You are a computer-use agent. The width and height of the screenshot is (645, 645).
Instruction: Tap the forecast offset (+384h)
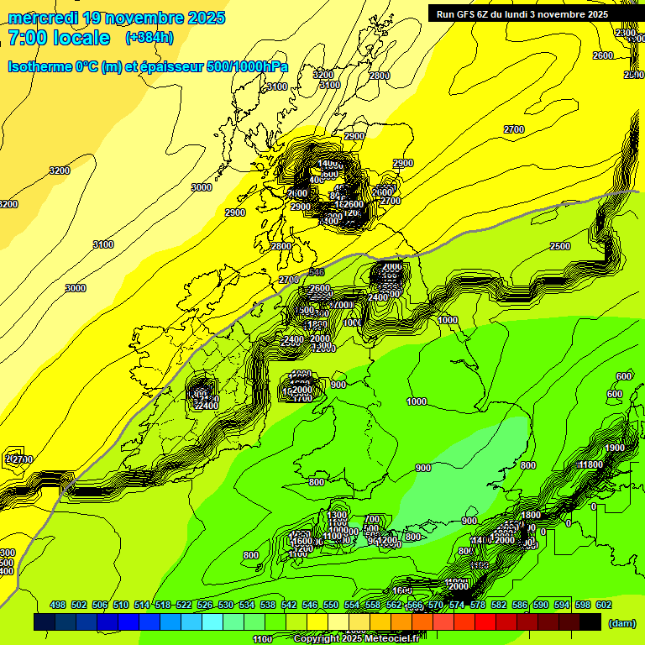(x=149, y=37)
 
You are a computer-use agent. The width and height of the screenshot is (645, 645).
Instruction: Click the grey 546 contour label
(x=316, y=272)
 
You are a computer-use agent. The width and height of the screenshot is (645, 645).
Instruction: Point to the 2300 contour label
(x=626, y=33)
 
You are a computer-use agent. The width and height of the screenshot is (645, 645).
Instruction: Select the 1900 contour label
(x=615, y=448)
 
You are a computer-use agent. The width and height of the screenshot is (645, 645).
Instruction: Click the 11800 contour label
(x=590, y=464)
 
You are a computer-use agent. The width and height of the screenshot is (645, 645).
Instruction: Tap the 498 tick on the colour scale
(x=58, y=605)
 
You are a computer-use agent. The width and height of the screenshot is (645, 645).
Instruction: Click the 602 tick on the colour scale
(x=604, y=605)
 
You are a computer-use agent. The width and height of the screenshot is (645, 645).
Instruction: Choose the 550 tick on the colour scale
(x=331, y=605)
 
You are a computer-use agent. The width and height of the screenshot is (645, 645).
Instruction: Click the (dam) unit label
(x=621, y=622)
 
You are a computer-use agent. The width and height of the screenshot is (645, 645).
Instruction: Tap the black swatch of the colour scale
(x=590, y=621)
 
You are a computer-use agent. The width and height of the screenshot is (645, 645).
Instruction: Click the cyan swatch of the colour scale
(x=212, y=621)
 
